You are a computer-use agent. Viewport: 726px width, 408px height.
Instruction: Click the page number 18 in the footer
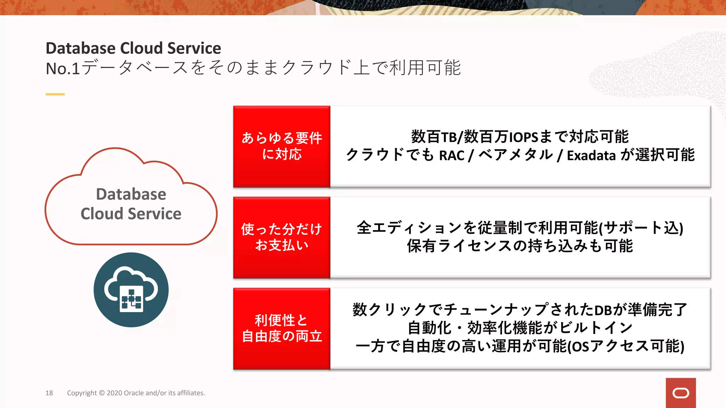[x=49, y=393]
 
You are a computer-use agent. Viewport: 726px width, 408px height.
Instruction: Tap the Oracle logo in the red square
[x=681, y=393]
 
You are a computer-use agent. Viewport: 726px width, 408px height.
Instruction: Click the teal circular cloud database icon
[x=131, y=290]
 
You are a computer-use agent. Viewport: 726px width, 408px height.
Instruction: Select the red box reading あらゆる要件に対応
[x=282, y=146]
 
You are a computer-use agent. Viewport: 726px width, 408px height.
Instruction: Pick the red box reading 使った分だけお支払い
[x=282, y=237]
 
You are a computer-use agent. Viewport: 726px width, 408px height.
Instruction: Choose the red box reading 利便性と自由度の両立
[x=282, y=328]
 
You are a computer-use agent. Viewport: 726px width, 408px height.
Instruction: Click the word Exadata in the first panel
[x=591, y=155]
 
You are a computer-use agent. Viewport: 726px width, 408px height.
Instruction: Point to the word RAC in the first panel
[x=452, y=155]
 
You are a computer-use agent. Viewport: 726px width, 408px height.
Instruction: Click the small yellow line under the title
[x=55, y=94]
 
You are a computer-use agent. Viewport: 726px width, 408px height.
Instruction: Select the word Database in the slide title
[x=80, y=48]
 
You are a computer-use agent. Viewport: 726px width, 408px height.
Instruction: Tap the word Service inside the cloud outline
[x=155, y=214]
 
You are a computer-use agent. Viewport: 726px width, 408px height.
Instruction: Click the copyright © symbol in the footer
[x=102, y=393]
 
